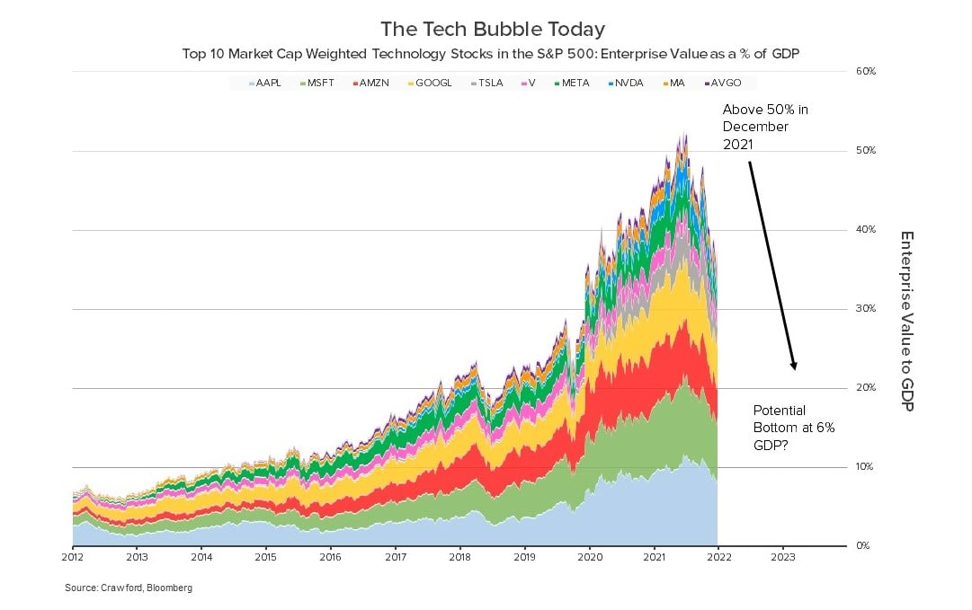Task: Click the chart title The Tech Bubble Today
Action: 493,29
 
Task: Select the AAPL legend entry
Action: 266,83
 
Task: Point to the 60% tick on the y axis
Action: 863,71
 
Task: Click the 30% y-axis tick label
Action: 863,309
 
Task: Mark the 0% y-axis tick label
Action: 861,546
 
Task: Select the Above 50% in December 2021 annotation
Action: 765,127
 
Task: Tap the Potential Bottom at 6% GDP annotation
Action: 793,428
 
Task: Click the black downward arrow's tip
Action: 795,369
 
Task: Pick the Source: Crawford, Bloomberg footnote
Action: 129,588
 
